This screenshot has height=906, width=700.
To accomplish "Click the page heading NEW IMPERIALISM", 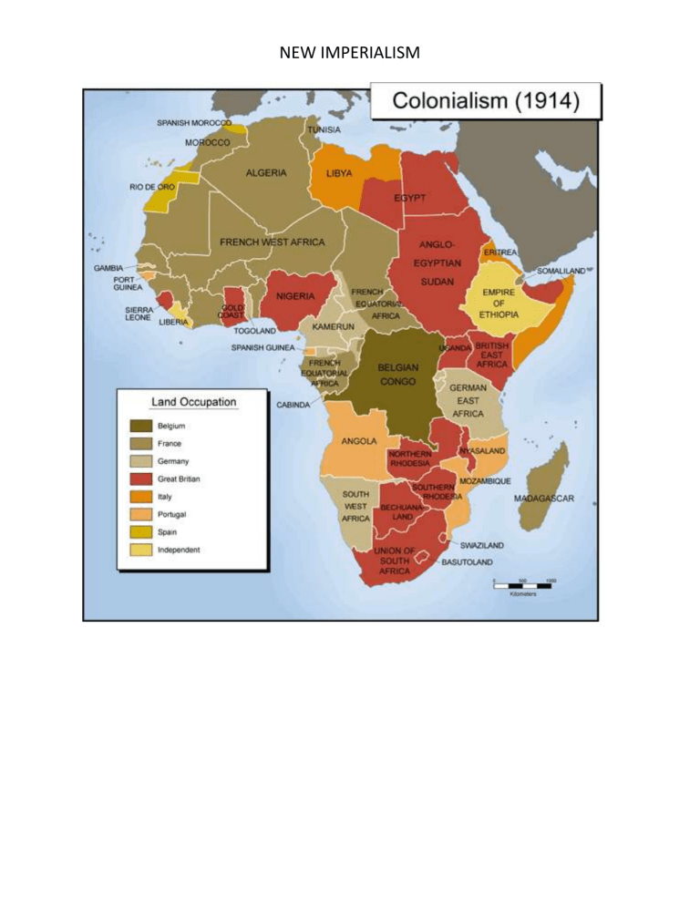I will tap(350, 54).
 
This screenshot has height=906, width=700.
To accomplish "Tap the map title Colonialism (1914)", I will tap(485, 101).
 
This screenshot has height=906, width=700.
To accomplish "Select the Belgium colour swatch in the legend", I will tap(141, 426).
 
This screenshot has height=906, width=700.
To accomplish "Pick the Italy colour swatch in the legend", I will tap(141, 497).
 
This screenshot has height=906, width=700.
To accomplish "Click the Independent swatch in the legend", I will tap(141, 550).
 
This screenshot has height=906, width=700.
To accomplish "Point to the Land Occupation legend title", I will tap(193, 402).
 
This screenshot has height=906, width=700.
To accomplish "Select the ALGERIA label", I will tap(266, 172).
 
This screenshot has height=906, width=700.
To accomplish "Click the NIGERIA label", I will tap(289, 295).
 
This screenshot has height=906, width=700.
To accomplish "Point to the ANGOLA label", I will tap(359, 440).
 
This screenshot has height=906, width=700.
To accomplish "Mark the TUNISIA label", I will tap(324, 130).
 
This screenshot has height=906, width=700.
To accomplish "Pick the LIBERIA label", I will tap(173, 322).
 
